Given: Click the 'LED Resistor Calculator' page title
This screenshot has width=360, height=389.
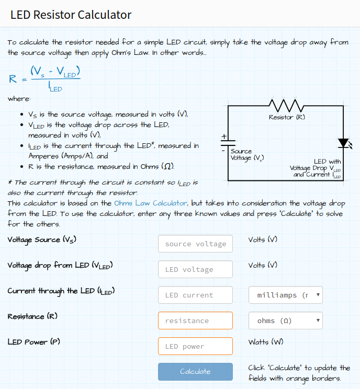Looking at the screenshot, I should tap(71, 15).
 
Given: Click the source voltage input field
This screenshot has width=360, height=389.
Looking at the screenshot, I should tap(195, 244).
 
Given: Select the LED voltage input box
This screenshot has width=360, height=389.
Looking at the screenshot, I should tap(195, 269).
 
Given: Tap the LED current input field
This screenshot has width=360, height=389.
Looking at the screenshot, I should tap(195, 295).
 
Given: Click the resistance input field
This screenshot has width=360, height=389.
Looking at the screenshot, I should tap(195, 321).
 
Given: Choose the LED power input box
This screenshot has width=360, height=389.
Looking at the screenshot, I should tap(195, 346).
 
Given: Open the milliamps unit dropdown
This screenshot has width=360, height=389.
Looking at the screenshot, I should tap(285, 295).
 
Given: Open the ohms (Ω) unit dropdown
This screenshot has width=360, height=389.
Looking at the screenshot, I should tap(285, 321).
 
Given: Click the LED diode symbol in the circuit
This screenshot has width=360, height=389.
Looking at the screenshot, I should tap(343, 142).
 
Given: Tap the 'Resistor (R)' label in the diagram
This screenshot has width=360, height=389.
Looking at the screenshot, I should tap(287, 117).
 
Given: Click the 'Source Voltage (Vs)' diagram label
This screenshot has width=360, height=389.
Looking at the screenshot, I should tap(246, 154).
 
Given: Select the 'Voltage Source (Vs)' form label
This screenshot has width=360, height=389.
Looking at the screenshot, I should tap(42, 239).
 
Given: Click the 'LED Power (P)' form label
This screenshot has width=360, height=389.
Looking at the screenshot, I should tap(34, 342).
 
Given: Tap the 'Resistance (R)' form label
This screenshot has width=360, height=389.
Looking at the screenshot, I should tap(32, 316).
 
